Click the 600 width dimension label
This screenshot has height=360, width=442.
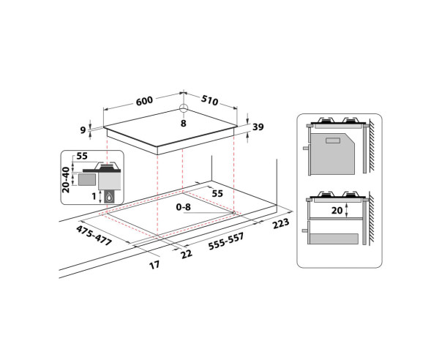tap(144, 101)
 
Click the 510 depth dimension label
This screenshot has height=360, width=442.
tap(209, 100)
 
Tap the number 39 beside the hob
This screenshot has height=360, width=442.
tap(258, 127)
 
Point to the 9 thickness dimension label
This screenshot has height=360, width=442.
tap(83, 130)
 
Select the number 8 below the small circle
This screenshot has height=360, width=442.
tap(184, 123)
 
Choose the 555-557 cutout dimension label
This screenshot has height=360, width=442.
tap(226, 241)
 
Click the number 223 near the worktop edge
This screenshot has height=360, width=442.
tap(281, 223)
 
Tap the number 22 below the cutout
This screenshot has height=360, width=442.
tap(187, 254)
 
